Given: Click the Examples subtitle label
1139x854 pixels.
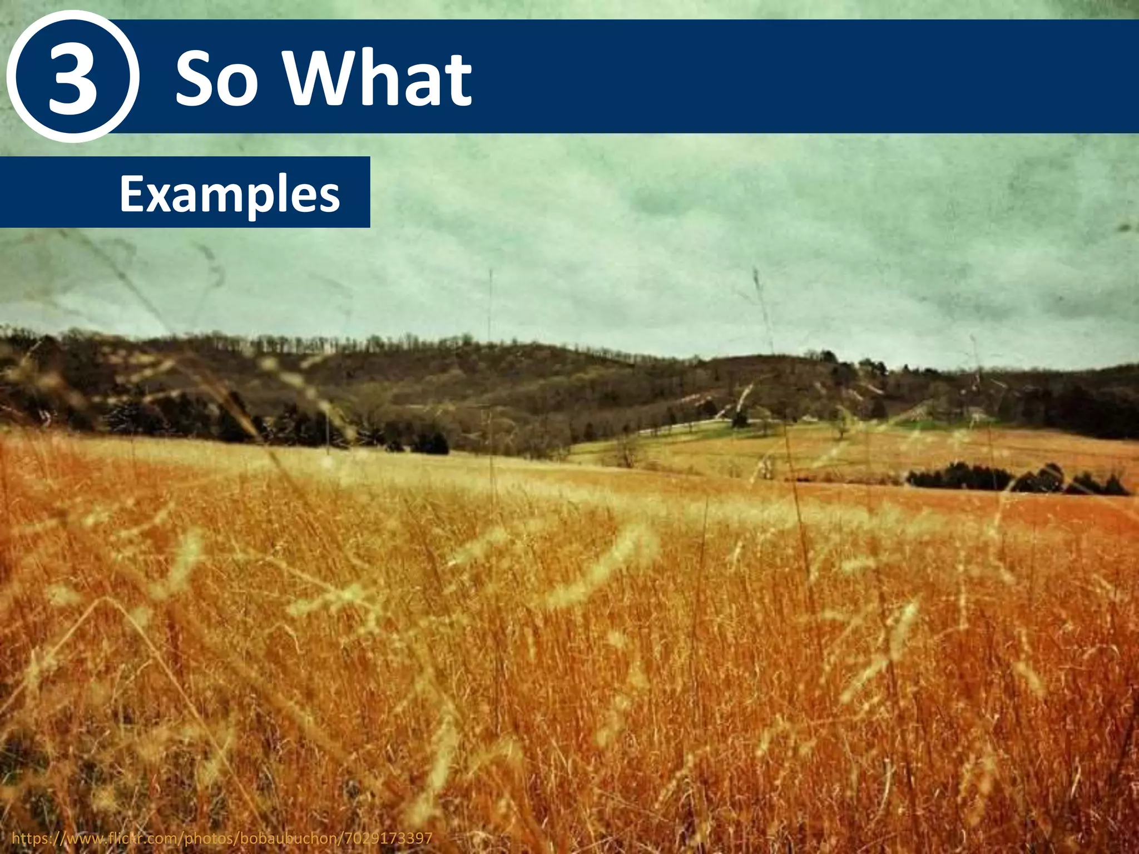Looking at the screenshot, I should (229, 194).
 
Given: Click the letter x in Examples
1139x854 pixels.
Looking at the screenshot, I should (157, 197).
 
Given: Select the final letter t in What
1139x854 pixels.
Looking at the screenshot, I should (459, 81).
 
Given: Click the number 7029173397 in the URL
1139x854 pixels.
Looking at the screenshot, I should (392, 838).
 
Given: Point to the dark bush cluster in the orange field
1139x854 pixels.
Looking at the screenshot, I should (1012, 479).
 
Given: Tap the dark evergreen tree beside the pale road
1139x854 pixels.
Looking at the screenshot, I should (740, 417).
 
